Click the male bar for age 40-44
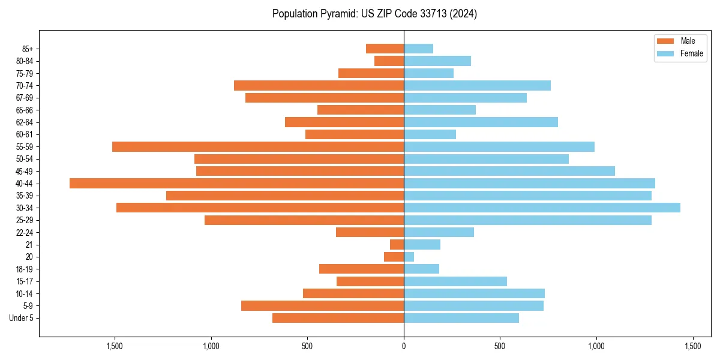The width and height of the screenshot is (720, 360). (236, 184)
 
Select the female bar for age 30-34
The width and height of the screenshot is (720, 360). (542, 208)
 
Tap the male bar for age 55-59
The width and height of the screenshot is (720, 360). (258, 147)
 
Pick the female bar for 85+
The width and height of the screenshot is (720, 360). (418, 49)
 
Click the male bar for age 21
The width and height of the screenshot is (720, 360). (397, 245)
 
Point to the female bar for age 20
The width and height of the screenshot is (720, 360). (409, 257)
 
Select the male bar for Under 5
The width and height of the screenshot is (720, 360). (338, 318)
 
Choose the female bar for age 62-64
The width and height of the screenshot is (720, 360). (481, 122)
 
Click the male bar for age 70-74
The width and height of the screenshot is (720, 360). (319, 86)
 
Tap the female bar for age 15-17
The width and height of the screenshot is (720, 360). (455, 281)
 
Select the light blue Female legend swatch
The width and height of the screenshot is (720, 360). (666, 53)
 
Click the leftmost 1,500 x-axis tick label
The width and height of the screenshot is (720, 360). (115, 346)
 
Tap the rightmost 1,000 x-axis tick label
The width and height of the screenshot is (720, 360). (596, 346)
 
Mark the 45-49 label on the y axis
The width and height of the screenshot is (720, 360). (25, 172)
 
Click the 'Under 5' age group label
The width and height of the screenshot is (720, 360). (21, 318)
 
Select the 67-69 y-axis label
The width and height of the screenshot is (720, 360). (25, 98)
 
